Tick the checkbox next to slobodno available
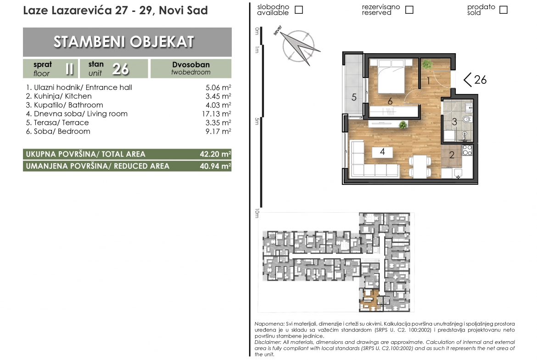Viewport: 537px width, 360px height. tap(299, 10)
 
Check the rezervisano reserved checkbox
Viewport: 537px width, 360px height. tap(409, 10)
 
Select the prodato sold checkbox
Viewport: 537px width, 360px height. tap(503, 10)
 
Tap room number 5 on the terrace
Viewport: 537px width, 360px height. tap(354, 97)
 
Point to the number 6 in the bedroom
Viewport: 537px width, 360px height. tap(390, 101)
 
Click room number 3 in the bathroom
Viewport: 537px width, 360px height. tap(454, 122)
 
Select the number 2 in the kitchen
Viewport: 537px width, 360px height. tap(452, 155)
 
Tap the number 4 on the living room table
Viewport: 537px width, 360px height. tap(382, 152)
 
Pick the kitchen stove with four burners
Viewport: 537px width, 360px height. tap(468, 150)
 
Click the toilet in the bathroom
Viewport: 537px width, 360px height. tap(467, 119)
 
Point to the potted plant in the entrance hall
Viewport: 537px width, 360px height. tap(427, 64)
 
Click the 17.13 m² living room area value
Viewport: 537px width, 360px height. tap(217, 114)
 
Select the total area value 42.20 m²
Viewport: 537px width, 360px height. tap(215, 154)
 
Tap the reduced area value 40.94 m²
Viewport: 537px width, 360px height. tap(215, 166)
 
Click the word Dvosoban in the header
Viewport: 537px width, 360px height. tap(191, 65)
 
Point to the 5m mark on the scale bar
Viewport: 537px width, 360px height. tap(257, 121)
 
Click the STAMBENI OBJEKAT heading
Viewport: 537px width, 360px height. tap(124, 42)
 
